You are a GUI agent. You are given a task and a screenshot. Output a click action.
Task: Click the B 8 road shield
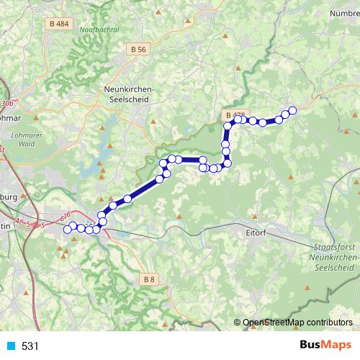coord(149,278)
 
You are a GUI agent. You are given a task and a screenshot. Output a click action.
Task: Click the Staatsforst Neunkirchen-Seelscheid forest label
coord(332,256)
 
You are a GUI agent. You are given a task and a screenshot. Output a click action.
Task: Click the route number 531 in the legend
coord(30,346)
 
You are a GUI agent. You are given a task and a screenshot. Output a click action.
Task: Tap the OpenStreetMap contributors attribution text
coord(297,323)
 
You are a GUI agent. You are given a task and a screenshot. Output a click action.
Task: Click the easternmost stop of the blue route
coord(292,110)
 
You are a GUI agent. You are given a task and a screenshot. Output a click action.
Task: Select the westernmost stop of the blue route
coord(68,229)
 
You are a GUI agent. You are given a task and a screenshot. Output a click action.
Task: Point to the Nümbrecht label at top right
coord(343,13)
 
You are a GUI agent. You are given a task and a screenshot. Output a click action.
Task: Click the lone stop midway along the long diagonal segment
coord(127,198)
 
